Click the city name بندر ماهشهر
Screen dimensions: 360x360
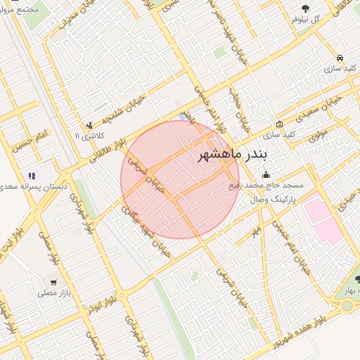coord(232,154)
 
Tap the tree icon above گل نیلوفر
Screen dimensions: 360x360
coord(304,8)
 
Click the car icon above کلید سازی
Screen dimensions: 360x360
coord(340,58)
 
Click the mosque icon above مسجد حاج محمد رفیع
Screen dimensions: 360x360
coord(265,174)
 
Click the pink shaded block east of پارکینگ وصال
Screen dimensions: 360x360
coord(324,218)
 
